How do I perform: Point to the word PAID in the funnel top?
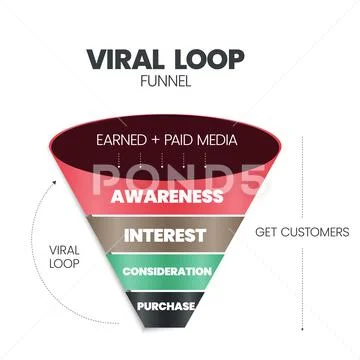click(180, 140)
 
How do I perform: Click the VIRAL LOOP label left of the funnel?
click(64, 257)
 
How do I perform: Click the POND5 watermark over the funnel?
click(180, 180)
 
